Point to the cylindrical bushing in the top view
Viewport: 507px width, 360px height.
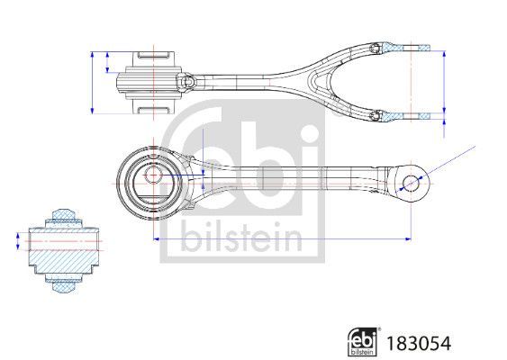149,83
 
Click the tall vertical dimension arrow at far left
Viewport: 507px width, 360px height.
94,83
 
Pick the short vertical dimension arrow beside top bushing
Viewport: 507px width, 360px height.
108,63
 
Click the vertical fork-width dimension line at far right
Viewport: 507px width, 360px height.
444,83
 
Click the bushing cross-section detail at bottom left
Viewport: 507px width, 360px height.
60,250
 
